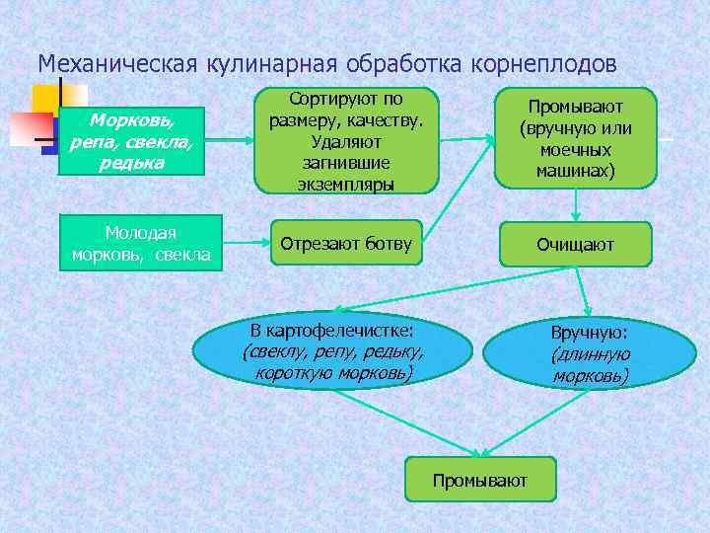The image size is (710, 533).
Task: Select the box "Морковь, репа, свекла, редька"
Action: (131, 141)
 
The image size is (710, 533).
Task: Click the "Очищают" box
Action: (575, 244)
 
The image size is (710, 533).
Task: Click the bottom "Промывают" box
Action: (480, 480)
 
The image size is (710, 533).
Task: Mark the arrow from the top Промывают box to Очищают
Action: (576, 204)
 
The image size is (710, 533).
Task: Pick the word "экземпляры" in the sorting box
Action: (339, 184)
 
